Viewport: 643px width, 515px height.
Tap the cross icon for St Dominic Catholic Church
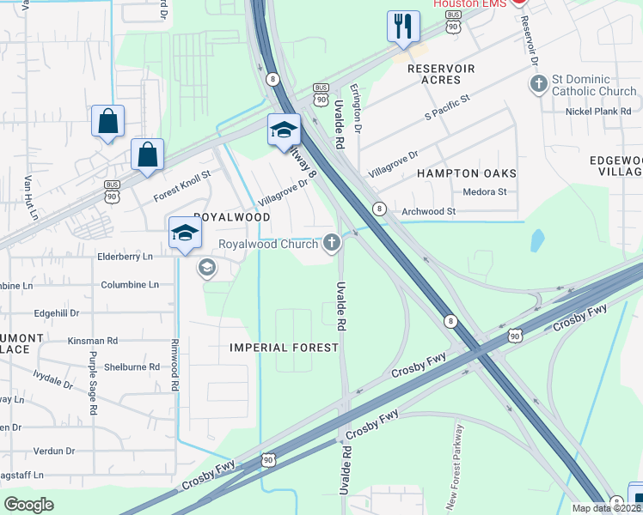pos(538,84)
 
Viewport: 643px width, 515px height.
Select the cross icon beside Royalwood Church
pos(332,244)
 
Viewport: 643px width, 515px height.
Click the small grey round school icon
pos(206,269)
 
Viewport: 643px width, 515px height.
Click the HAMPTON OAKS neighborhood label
pos(467,173)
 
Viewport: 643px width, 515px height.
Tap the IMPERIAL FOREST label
pos(284,348)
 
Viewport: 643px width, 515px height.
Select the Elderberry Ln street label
pos(125,257)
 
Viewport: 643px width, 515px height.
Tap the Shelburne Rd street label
pos(132,367)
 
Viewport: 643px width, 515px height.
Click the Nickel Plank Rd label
pos(599,112)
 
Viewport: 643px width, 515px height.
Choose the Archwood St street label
pos(428,211)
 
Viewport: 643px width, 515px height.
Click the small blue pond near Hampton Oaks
pos(537,239)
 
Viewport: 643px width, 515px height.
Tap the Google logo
pos(29,505)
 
